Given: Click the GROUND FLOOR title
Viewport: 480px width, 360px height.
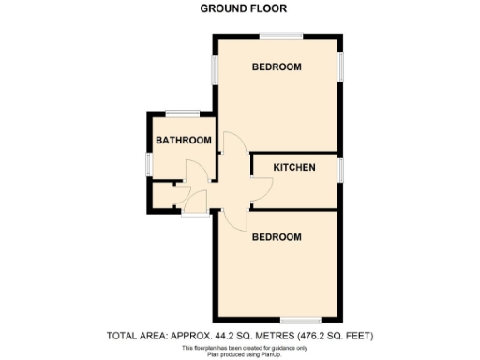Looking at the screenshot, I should pos(244,9).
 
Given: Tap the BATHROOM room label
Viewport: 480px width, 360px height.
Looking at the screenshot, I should pos(183,141).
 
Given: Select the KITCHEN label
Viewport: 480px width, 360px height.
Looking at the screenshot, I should pos(293,168).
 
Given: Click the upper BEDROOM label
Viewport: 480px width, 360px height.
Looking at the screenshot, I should pos(277,67).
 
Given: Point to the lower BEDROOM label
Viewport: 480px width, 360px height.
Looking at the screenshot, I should pos(277,236).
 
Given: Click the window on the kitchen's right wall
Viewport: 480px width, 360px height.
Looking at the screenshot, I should pos(342,169).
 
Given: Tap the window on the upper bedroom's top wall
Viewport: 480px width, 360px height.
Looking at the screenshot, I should pos(282,37).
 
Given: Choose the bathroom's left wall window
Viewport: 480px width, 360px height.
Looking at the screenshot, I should pos(147,161).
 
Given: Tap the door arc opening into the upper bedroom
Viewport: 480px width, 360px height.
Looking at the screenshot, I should pos(233,142).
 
